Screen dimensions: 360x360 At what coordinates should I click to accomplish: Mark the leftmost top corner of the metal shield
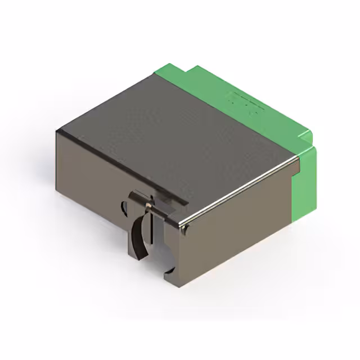pos(57,130)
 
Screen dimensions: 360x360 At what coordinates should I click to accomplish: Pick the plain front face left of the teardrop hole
pos(90,180)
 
